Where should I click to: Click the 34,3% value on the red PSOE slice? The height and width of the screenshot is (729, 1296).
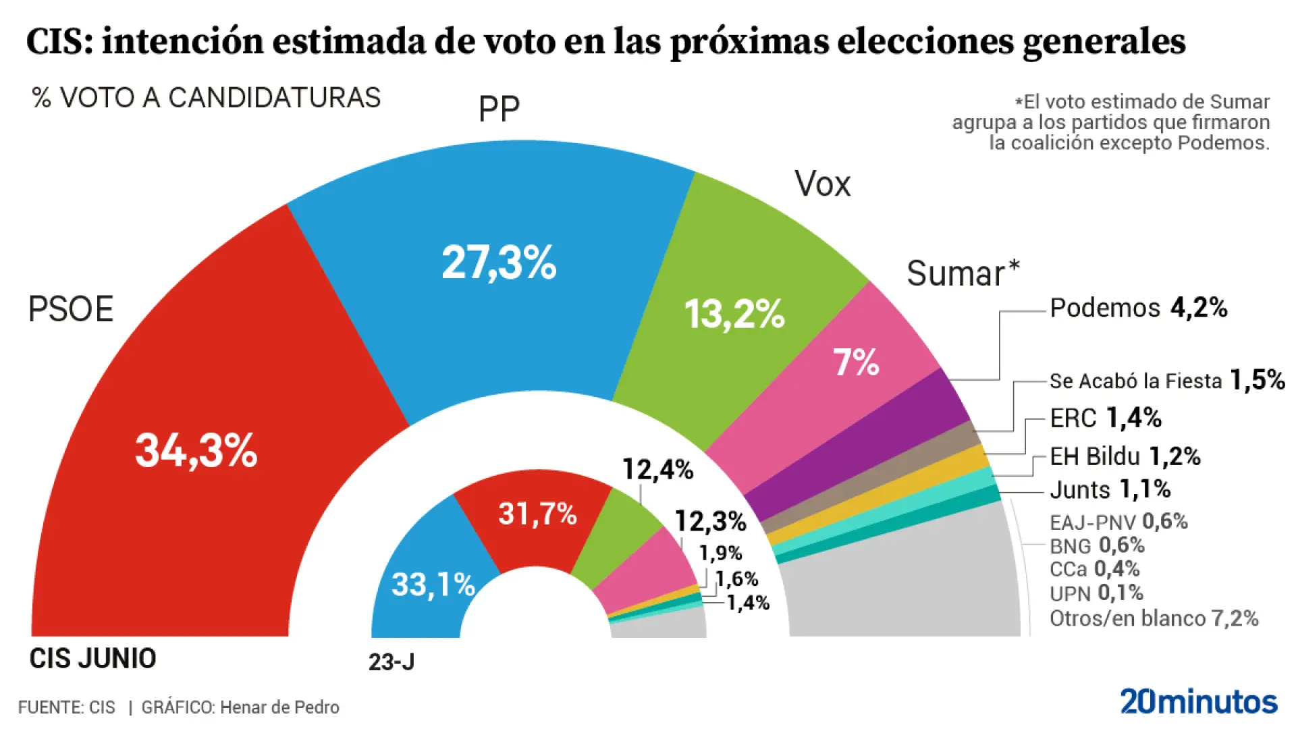pos(196,451)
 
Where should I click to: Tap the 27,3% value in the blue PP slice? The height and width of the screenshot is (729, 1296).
pos(499,263)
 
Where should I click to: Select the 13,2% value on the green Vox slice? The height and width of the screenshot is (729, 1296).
pos(734,314)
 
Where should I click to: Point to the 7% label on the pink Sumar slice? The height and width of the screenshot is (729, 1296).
pos(855,362)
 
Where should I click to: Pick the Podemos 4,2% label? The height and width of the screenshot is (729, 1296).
pos(1138,308)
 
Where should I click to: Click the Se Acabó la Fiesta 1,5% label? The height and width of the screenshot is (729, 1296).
pos(1166,381)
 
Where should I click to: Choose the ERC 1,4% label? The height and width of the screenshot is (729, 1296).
pos(1105,418)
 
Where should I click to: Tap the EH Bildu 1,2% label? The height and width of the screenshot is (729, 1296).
pos(1125,457)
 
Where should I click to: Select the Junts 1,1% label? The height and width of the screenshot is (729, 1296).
pos(1110,489)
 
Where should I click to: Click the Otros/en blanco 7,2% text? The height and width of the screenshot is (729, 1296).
pos(1154,618)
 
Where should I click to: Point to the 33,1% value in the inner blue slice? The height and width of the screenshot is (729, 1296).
pos(433,585)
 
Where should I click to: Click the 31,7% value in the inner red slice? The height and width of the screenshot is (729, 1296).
pos(537,514)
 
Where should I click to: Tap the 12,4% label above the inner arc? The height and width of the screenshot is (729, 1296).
pos(657,469)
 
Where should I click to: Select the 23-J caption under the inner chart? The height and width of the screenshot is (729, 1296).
pos(391,662)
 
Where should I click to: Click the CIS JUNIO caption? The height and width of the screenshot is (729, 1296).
pos(92,658)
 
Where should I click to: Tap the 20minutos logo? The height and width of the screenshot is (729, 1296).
pos(1198,702)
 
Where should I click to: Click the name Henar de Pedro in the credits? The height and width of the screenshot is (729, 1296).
pos(279,707)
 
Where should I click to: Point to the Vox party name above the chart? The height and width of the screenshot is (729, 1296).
pos(822,184)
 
